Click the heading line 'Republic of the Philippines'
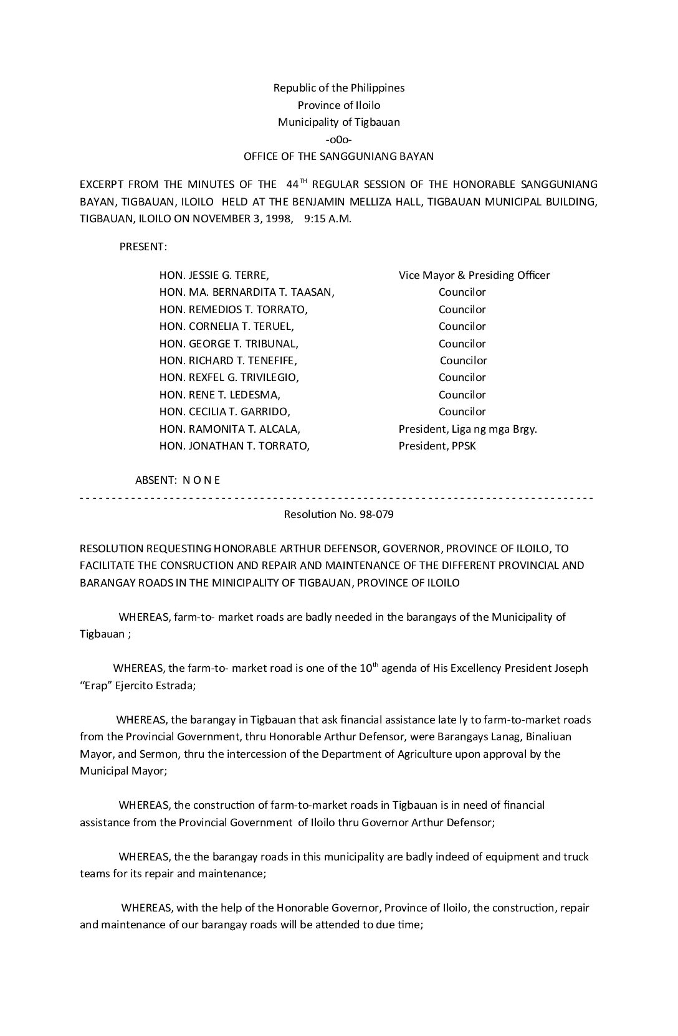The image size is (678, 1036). coord(338,88)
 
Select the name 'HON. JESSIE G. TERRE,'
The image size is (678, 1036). coord(214,275)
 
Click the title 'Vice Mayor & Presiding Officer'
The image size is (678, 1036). coord(474,275)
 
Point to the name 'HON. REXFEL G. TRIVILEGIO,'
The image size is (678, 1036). coord(229,377)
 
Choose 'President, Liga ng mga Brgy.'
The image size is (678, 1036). coord(467,429)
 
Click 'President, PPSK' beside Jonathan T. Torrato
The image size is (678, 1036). coord(437,446)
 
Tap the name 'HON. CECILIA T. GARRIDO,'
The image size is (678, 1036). coord(225,412)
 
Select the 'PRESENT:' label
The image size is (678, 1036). coord(143,247)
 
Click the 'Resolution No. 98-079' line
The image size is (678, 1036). coord(338,514)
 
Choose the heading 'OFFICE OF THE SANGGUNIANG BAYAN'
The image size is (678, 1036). coord(338,156)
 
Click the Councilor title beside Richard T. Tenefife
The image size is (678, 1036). coord(463,360)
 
